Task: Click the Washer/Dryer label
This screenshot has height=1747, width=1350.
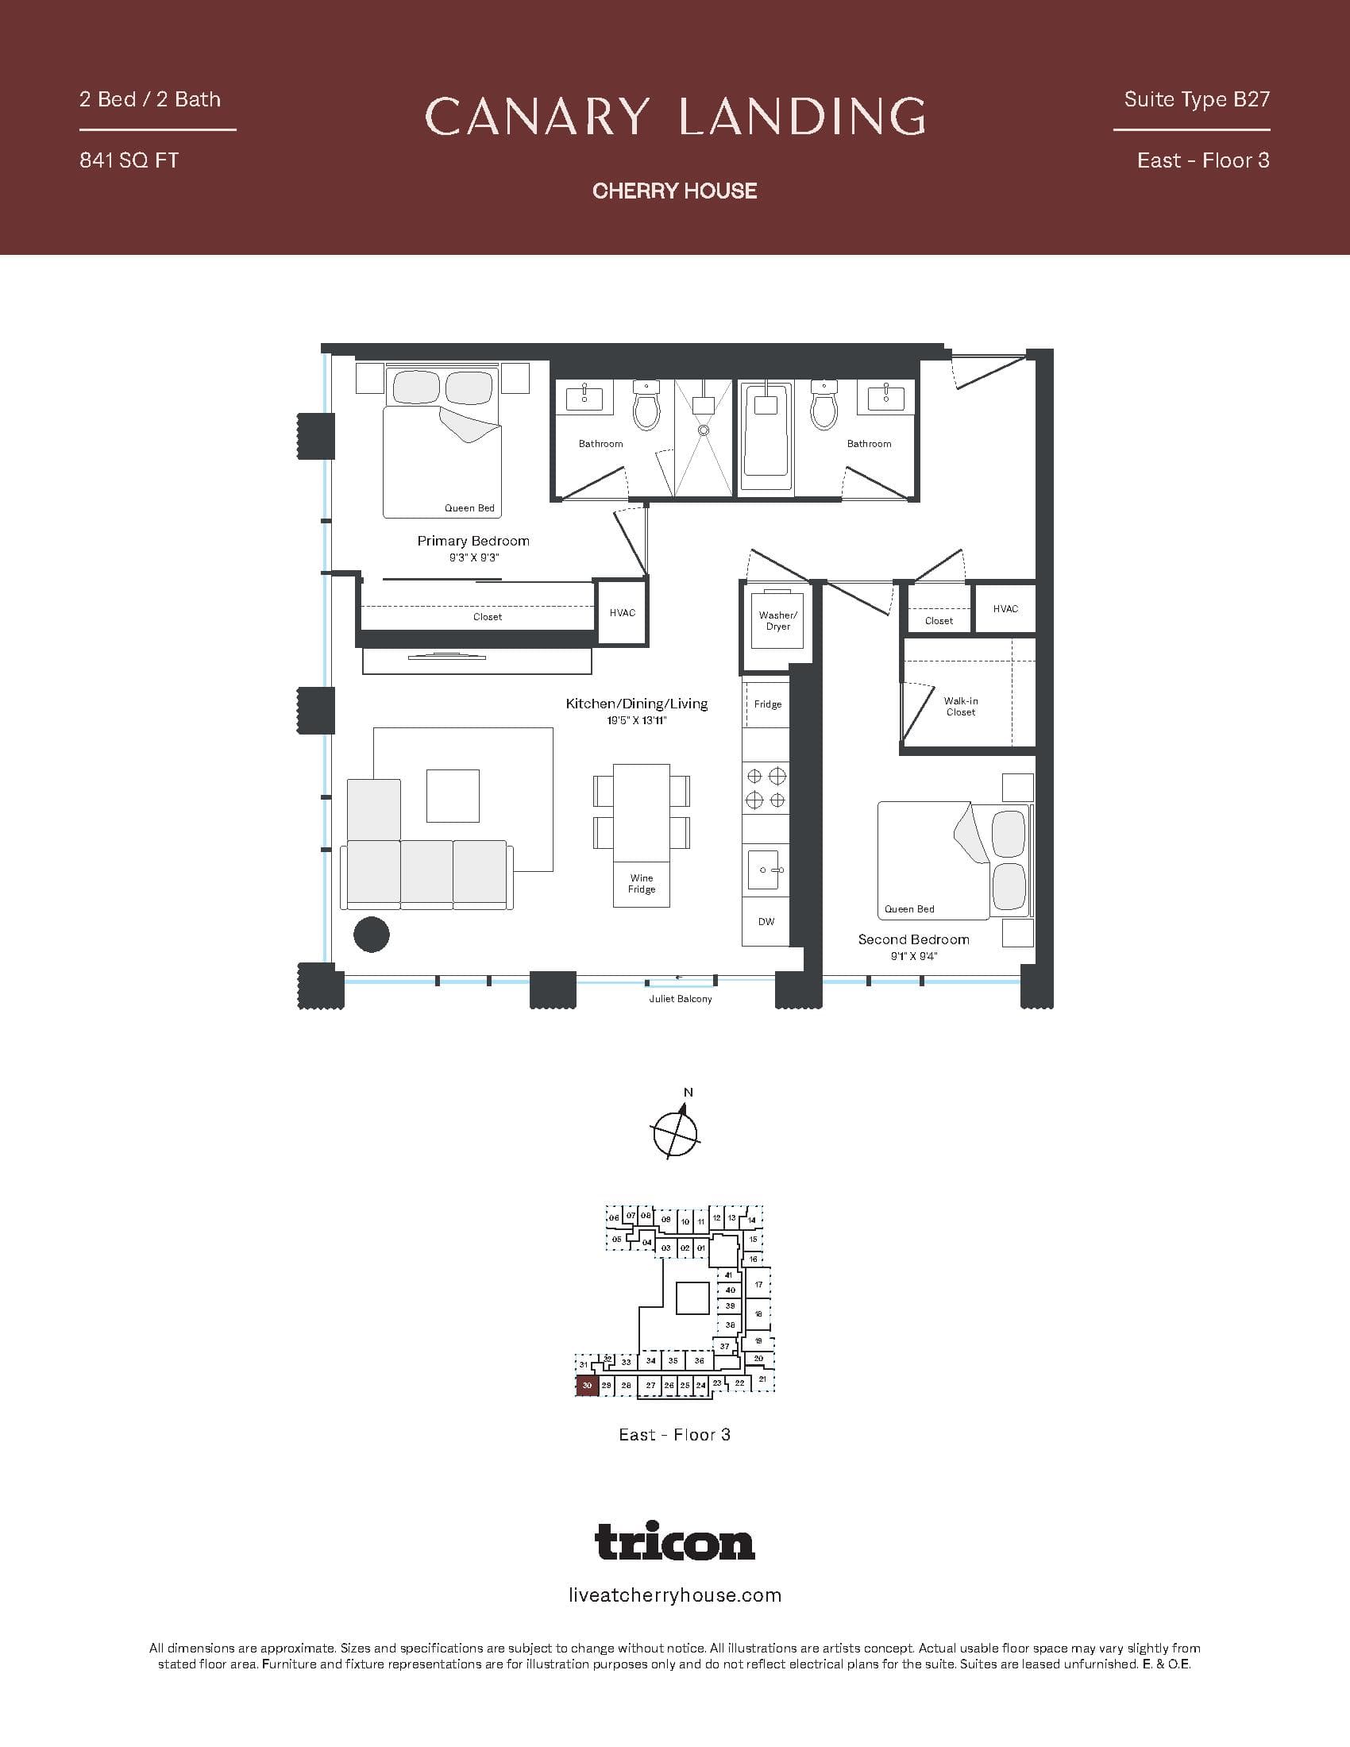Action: (x=777, y=621)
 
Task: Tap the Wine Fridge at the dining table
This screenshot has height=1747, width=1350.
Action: (x=642, y=884)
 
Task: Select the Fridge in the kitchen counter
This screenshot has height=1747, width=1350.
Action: (x=767, y=704)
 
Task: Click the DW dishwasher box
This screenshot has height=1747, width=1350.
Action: (x=766, y=921)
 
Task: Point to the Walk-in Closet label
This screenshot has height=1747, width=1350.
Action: (x=961, y=706)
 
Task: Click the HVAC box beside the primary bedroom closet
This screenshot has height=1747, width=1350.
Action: (x=623, y=613)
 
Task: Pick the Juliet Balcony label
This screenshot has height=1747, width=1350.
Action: (x=680, y=999)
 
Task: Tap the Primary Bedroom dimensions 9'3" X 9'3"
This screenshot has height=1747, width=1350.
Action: (x=473, y=557)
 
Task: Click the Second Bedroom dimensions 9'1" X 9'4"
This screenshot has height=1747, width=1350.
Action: (x=913, y=956)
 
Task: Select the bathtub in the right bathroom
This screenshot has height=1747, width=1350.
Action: (x=766, y=437)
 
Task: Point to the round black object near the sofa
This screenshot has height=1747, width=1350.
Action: (x=371, y=935)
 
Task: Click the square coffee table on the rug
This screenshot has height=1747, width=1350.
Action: (x=453, y=796)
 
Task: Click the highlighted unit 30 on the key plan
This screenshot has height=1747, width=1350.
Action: (x=587, y=1386)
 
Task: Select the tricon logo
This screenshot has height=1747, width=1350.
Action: (x=675, y=1541)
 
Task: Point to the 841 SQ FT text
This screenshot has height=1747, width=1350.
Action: (x=129, y=160)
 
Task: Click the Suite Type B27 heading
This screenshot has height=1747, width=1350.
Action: (x=1197, y=99)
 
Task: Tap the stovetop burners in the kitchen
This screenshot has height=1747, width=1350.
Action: (x=766, y=788)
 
